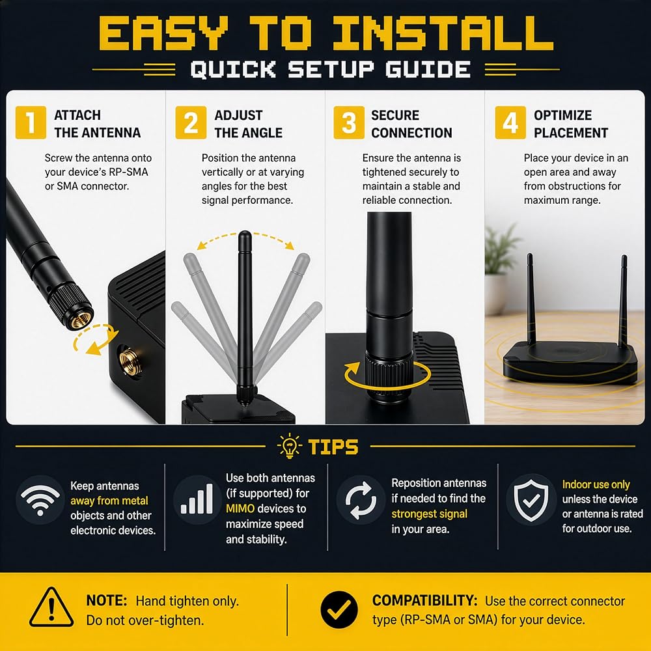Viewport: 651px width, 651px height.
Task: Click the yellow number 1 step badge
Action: pyautogui.click(x=31, y=122)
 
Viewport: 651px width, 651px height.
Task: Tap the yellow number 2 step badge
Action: pyautogui.click(x=191, y=122)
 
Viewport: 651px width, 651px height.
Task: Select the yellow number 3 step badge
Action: pyautogui.click(x=349, y=122)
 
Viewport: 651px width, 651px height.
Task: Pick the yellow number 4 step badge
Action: pyautogui.click(x=510, y=122)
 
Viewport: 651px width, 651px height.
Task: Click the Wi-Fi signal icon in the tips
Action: pyautogui.click(x=40, y=500)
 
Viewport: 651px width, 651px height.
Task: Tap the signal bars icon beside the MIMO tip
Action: pyautogui.click(x=197, y=499)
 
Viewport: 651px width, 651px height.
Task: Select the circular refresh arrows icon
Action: pyautogui.click(x=361, y=500)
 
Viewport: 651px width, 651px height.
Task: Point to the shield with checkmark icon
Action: pyautogui.click(x=531, y=500)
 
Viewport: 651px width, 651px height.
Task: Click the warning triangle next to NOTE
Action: pyautogui.click(x=51, y=607)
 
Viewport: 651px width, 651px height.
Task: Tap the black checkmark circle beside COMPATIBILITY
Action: pyautogui.click(x=339, y=609)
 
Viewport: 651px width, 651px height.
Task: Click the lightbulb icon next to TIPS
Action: pyautogui.click(x=290, y=446)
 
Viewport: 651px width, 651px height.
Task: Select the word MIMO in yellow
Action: pyautogui.click(x=240, y=508)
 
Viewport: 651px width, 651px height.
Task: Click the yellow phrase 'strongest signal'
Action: pyautogui.click(x=429, y=514)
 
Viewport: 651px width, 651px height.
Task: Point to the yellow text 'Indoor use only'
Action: pyautogui.click(x=596, y=484)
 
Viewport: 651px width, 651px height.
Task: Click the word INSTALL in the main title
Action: pyautogui.click(x=443, y=33)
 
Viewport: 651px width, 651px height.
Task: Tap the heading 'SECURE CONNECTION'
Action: pyautogui.click(x=411, y=124)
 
